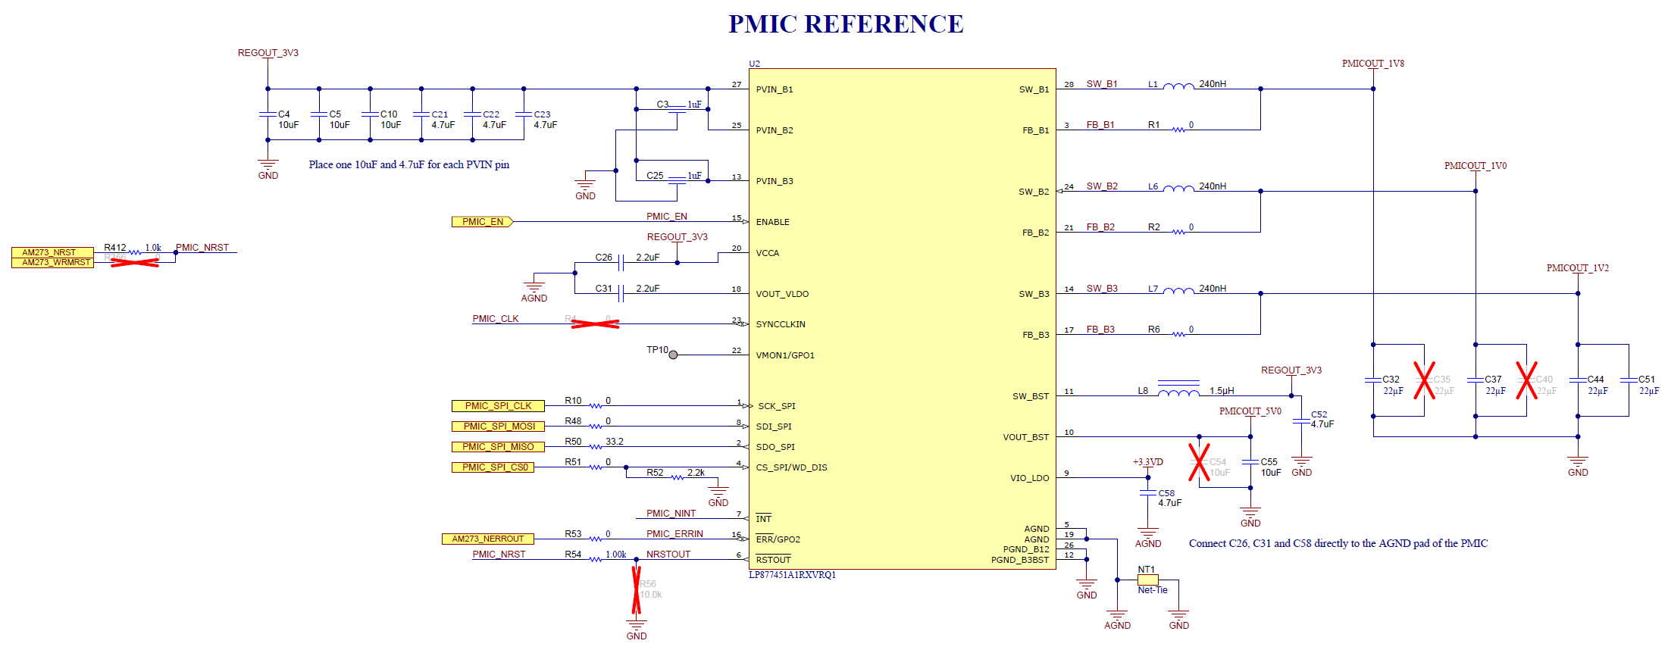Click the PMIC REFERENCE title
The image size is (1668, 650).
[845, 24]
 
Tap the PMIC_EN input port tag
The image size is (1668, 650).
[483, 222]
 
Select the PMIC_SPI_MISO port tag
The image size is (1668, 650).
[498, 447]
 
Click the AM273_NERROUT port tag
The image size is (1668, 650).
[488, 539]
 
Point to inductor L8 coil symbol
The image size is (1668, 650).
[1178, 392]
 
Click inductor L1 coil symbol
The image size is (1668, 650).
[1178, 86]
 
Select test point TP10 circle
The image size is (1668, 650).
[673, 355]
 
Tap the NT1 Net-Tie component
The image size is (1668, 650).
[1148, 580]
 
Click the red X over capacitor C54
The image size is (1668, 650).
[1199, 462]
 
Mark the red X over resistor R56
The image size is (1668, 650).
[637, 590]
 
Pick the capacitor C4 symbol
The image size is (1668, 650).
[268, 114]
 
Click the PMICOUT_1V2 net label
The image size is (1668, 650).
[1577, 268]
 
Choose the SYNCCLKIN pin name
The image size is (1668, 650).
[781, 324]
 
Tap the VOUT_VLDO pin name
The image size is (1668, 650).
[782, 294]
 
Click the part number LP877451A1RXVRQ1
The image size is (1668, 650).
[792, 575]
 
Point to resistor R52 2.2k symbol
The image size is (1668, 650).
[677, 477]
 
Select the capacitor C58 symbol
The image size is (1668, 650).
[1148, 493]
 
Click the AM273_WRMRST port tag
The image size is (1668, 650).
[53, 263]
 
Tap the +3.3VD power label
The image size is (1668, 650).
[1147, 462]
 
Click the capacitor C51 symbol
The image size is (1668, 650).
[1629, 380]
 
